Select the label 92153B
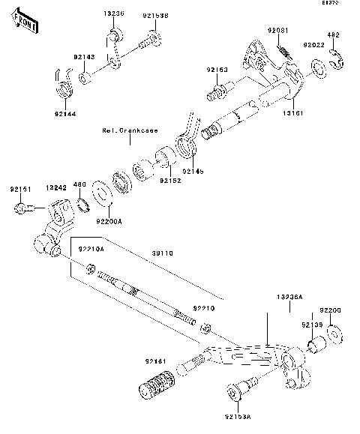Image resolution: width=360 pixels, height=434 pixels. (154, 13)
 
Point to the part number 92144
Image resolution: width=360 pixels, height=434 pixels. (65, 113)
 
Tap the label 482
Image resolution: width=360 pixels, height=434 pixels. (335, 34)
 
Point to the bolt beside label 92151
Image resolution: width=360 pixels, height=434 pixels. (22, 208)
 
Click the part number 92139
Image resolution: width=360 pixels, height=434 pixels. (312, 325)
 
